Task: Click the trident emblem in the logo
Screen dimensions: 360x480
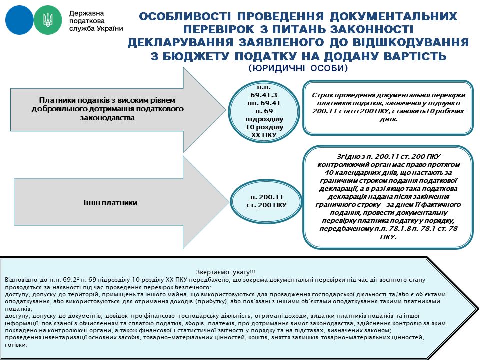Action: pyautogui.click(x=48, y=20)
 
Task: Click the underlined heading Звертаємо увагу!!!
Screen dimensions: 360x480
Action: pyautogui.click(x=226, y=272)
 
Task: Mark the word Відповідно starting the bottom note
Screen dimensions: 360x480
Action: pyautogui.click(x=20, y=281)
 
